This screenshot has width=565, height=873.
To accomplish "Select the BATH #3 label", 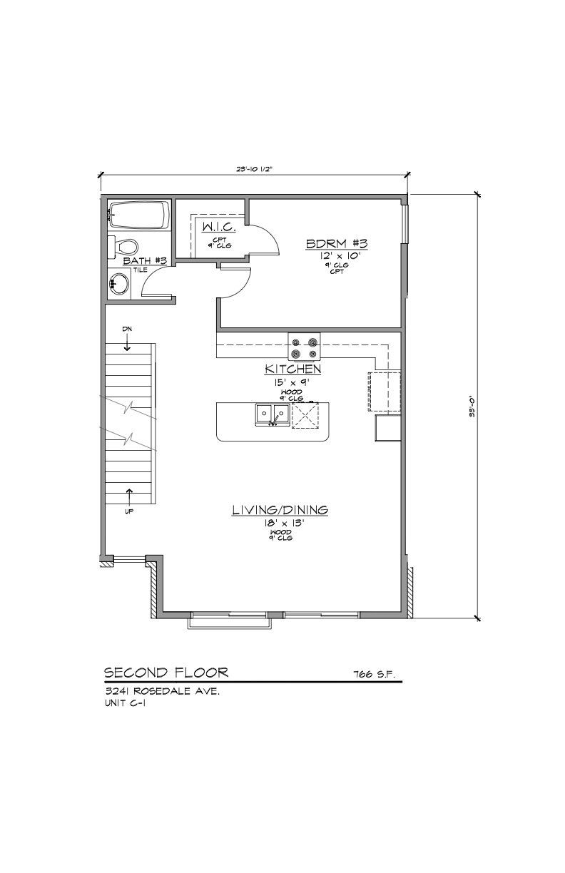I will [x=145, y=261].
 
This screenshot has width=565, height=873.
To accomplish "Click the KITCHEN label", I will [x=292, y=369].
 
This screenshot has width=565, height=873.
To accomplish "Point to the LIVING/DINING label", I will [x=280, y=509].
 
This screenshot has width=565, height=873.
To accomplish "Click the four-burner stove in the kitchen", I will [x=304, y=347].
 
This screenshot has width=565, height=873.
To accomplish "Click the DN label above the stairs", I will [x=127, y=328].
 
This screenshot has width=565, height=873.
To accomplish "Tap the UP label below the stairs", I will [x=129, y=511].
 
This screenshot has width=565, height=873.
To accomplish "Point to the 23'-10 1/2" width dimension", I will [x=255, y=169].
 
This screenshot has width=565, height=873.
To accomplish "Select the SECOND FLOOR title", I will [x=166, y=672].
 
